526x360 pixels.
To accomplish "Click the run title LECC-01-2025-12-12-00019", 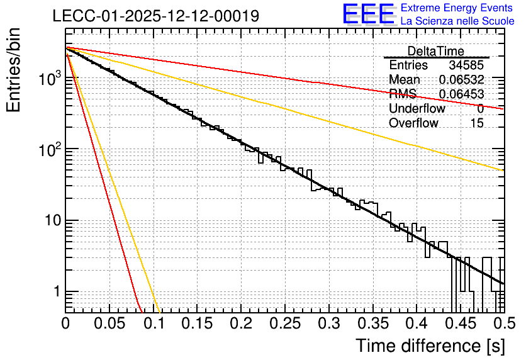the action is [156, 16].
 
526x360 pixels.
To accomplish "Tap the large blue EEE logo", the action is [369, 14].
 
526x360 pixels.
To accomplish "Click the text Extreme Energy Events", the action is [457, 8].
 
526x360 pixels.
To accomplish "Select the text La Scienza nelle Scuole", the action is [457, 21].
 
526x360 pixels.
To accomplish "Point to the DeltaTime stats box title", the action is [436, 51].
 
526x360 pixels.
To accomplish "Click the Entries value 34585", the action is [466, 65].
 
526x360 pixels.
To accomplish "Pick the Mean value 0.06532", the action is [462, 79].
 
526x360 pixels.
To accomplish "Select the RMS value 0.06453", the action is [462, 94].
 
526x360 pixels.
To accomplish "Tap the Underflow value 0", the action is [480, 109].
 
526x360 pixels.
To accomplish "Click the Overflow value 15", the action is [477, 123].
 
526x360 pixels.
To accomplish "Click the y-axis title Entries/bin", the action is [14, 70].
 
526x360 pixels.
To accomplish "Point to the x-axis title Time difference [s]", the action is [430, 346].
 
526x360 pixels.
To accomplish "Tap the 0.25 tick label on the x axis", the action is [285, 323].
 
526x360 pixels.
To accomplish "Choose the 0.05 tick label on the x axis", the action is [109, 323].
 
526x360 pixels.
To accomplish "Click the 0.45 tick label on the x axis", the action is [461, 323].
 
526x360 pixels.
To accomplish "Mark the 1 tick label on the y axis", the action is [57, 291].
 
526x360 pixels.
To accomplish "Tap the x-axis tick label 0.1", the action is [154, 323].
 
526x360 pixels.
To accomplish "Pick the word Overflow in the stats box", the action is [413, 123].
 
